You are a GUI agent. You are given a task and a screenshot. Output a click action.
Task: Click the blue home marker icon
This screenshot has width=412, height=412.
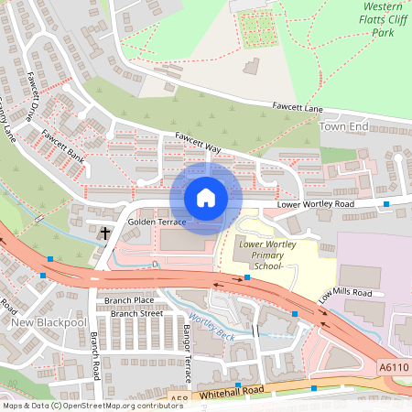[206, 198]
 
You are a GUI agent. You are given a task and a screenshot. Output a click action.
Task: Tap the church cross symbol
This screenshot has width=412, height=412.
[104, 233]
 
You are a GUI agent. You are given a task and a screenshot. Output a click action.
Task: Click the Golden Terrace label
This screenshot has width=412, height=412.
[157, 222]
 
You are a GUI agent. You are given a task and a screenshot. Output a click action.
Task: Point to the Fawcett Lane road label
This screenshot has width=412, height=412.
[298, 108]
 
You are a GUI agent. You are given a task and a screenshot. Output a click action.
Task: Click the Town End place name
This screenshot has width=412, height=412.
[344, 125]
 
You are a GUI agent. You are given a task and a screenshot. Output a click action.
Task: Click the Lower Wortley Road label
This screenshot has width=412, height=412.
[315, 204]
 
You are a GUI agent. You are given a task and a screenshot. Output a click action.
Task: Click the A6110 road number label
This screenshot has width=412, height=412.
[394, 366]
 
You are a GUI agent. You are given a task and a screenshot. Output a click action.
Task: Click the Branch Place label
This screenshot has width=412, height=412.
[129, 299]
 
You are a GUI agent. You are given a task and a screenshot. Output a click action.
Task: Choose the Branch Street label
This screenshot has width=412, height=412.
[136, 313]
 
